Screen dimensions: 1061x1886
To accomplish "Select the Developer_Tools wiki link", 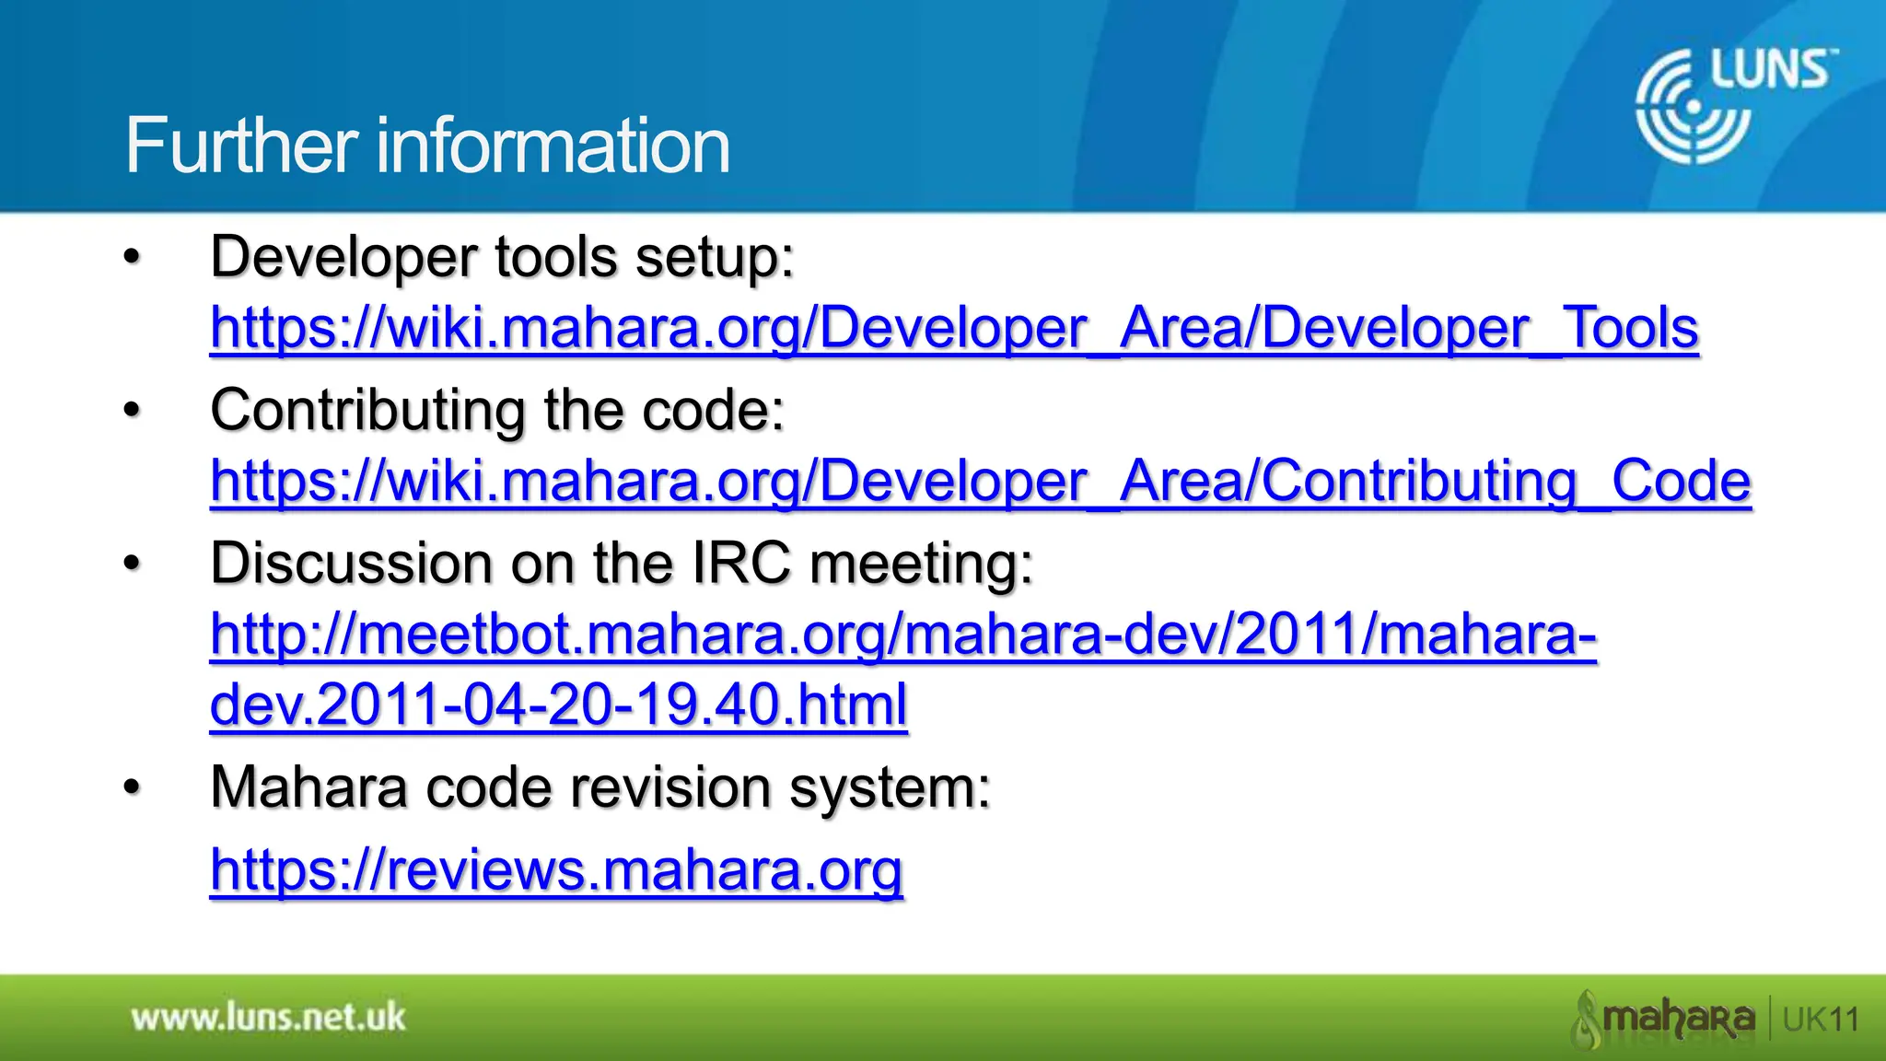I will pos(954,328).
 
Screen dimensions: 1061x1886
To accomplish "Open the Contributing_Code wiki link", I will pos(980,481).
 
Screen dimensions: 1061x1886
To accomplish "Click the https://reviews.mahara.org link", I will pos(556,869).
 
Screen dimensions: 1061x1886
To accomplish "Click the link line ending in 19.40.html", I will pos(558,705).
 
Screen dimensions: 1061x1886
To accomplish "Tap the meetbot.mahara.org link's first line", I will pos(902,635).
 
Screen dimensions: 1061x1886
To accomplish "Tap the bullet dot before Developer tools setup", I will pos(133,259).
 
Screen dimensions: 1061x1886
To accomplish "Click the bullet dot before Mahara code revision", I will pos(133,788).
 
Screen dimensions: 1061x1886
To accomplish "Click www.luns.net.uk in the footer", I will pos(268,1018).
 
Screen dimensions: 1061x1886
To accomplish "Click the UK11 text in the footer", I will pos(1821,1020).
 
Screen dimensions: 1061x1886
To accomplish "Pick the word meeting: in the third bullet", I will pos(921,563).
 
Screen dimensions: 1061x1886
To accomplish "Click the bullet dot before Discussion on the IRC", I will pos(133,565).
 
